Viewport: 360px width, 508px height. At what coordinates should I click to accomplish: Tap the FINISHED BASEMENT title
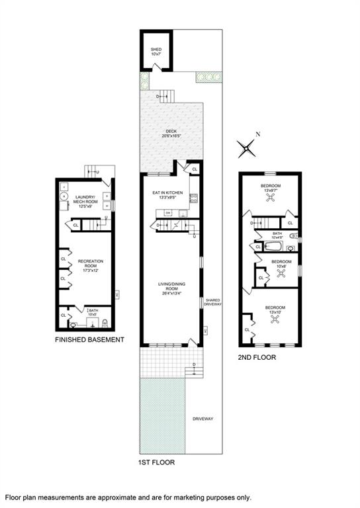pos(90,340)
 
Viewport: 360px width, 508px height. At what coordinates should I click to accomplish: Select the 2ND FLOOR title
pos(257,357)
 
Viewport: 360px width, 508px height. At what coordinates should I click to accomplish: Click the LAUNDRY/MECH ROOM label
pos(86,200)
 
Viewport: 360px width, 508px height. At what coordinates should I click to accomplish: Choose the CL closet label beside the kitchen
pos(195,170)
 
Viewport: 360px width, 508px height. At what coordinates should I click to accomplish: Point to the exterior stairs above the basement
pos(93,171)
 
